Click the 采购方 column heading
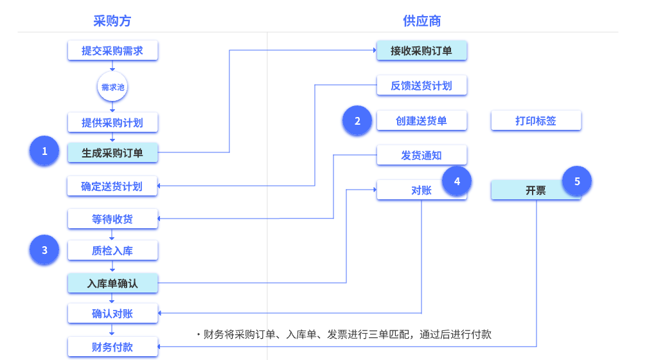pos(112,21)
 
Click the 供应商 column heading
pos(421,21)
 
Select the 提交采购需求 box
pos(112,51)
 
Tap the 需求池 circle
pos(112,87)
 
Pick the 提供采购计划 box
pos(112,122)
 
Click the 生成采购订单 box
pos(112,153)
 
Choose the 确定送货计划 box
pos(112,186)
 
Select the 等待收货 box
pos(112,219)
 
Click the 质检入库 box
pos(112,251)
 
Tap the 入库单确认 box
pos(112,283)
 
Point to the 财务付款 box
pos(112,347)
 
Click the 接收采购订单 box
pos(421,51)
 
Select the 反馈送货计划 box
pos(421,85)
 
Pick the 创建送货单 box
pos(421,121)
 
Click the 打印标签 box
pos(536,121)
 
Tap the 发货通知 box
pos(421,156)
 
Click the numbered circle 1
pos(44,152)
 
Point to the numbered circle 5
pos(577,181)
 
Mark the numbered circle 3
pos(44,250)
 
